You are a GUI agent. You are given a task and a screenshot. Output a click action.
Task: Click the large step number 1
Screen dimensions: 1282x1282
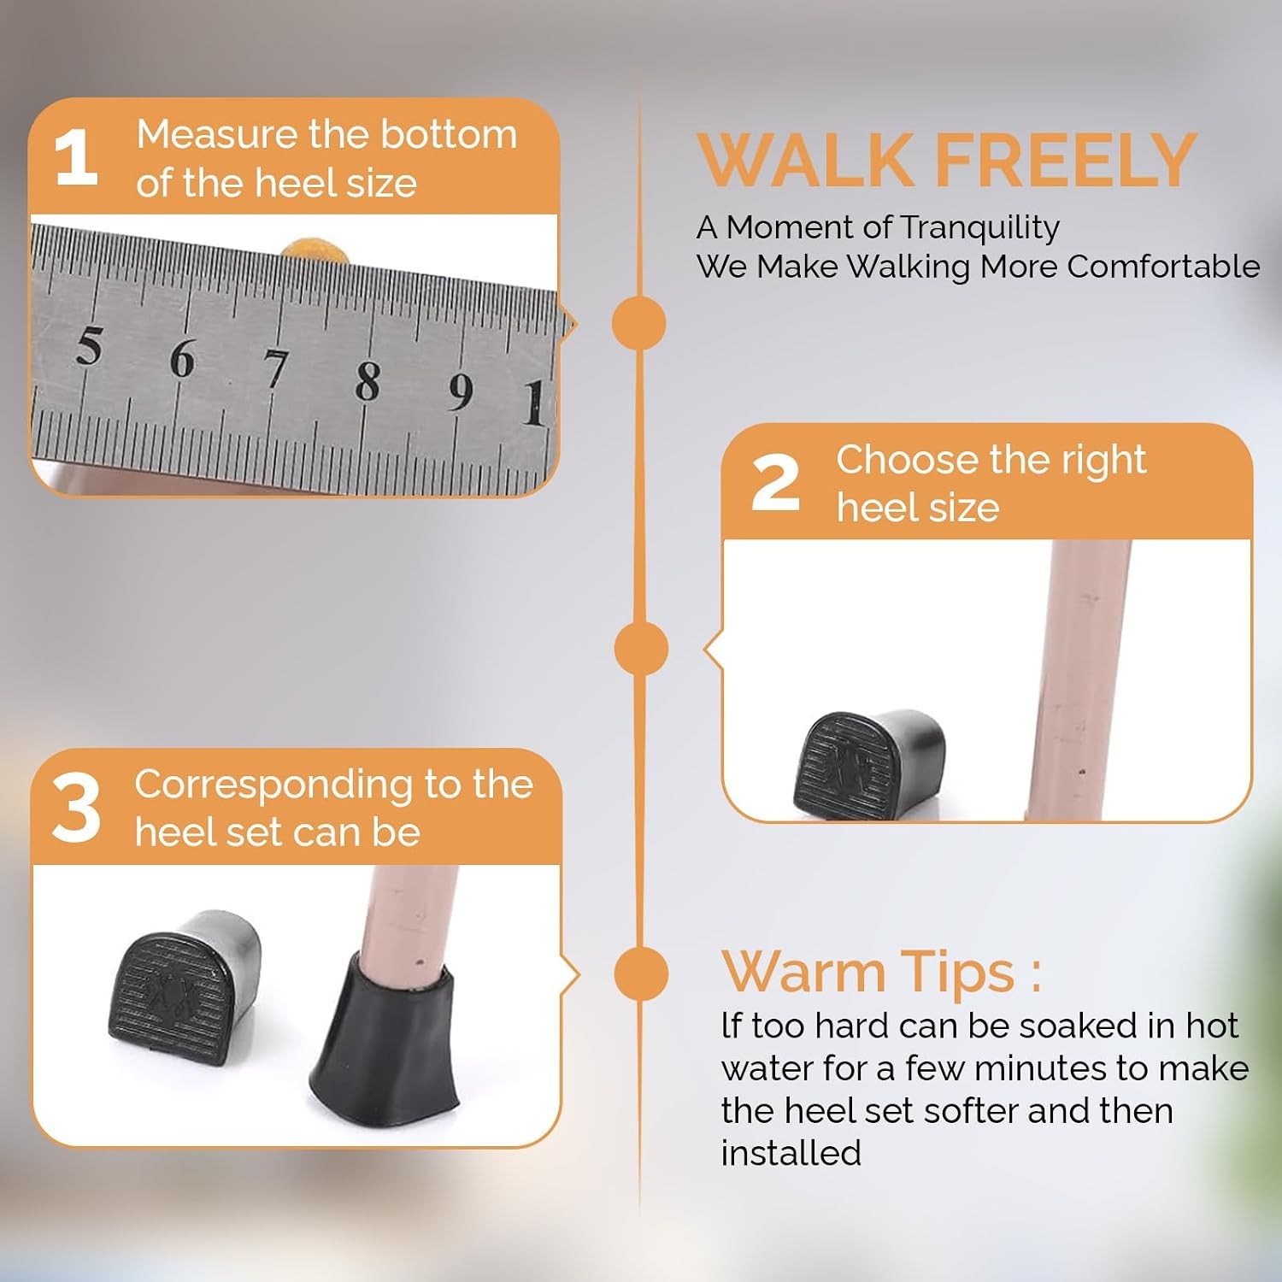pos(75,156)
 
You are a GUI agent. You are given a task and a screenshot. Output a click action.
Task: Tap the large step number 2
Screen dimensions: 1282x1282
pos(776,482)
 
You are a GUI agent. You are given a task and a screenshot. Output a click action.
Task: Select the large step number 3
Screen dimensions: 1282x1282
pos(76,808)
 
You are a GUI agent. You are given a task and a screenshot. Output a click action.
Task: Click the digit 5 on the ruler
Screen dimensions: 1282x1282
pos(89,345)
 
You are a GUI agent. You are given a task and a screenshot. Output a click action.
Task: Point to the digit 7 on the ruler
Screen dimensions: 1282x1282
pos(275,369)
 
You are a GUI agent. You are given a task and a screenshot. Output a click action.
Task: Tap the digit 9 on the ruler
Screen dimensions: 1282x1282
pos(461,391)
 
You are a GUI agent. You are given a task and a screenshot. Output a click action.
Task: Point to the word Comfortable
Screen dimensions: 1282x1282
pos(1163,267)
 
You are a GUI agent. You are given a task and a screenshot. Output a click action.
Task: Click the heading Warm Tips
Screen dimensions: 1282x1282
pos(881,973)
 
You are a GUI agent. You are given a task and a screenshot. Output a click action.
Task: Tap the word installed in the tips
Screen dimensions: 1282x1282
pos(791,1153)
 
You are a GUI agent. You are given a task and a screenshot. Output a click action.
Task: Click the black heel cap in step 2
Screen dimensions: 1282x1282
pos(869,763)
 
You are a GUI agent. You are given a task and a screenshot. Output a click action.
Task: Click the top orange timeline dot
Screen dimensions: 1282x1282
pos(639,323)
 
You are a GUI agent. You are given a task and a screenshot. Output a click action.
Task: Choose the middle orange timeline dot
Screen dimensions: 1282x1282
pos(641,648)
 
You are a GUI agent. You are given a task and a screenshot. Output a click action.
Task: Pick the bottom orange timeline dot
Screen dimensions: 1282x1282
pos(641,973)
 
